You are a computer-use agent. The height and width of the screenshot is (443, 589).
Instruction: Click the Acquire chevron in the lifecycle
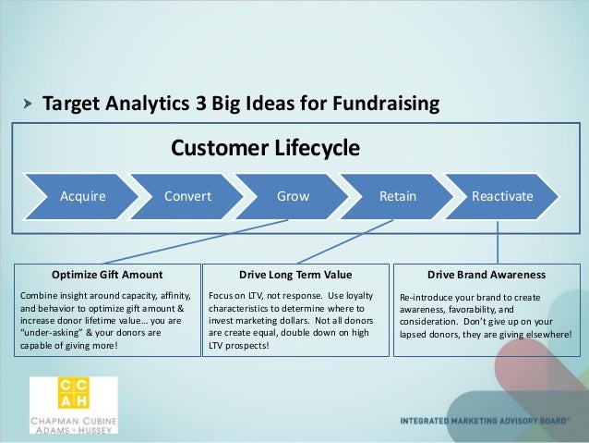point(82,196)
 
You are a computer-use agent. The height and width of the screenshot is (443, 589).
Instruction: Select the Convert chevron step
point(187,196)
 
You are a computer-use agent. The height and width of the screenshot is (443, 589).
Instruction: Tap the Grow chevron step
point(294,196)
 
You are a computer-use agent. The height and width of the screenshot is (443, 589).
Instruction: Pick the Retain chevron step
point(398,196)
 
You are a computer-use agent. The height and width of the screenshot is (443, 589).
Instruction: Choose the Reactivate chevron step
point(502,196)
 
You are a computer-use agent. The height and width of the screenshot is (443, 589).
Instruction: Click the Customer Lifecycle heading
point(265,148)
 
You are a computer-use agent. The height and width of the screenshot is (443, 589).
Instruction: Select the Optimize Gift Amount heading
point(107,275)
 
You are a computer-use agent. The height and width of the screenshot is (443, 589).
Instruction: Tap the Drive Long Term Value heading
point(295,275)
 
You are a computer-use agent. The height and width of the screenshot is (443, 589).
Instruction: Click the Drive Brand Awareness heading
point(487,275)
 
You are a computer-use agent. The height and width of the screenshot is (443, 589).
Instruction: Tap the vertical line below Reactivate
point(499,240)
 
